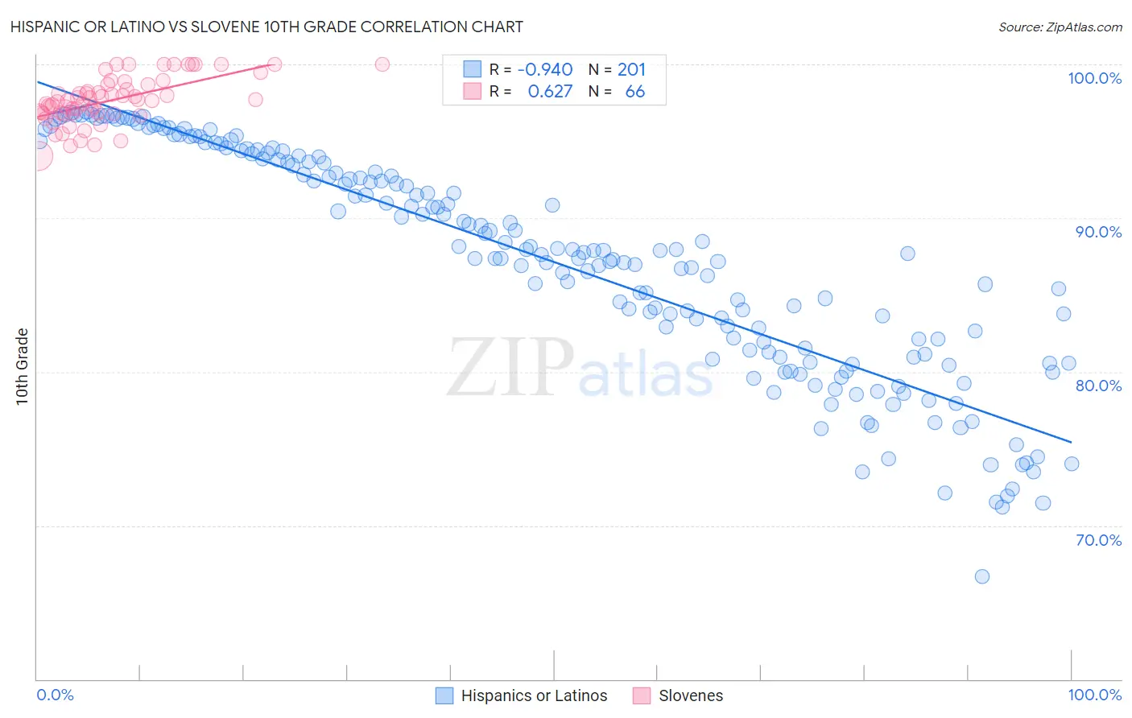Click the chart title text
point(266,27)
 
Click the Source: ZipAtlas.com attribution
point(1060,27)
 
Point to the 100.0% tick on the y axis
point(1094,78)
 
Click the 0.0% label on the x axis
point(55,695)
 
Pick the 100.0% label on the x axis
point(1094,695)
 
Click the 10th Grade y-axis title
point(22,367)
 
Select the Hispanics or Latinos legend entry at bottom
point(534,695)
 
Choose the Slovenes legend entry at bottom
point(690,695)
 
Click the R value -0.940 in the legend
point(545,70)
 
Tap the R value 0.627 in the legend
point(550,92)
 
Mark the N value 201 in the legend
point(631,70)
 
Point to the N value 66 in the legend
point(634,92)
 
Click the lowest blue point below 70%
point(981,576)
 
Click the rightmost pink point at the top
point(382,64)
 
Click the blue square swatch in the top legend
point(472,69)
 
